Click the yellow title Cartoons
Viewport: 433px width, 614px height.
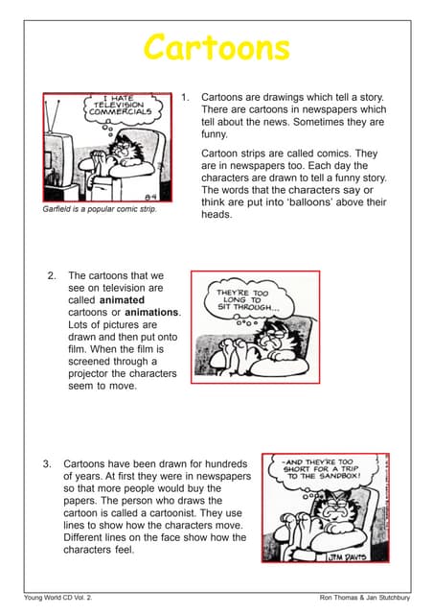(x=216, y=47)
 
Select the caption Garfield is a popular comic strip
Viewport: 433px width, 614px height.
(x=100, y=209)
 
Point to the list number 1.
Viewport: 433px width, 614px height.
(x=186, y=97)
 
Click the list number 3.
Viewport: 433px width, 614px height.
(x=47, y=463)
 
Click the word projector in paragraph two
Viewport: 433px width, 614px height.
(x=94, y=374)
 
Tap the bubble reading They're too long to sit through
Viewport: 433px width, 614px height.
(x=247, y=295)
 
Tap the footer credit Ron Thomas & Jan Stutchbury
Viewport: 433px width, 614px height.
(x=364, y=598)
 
